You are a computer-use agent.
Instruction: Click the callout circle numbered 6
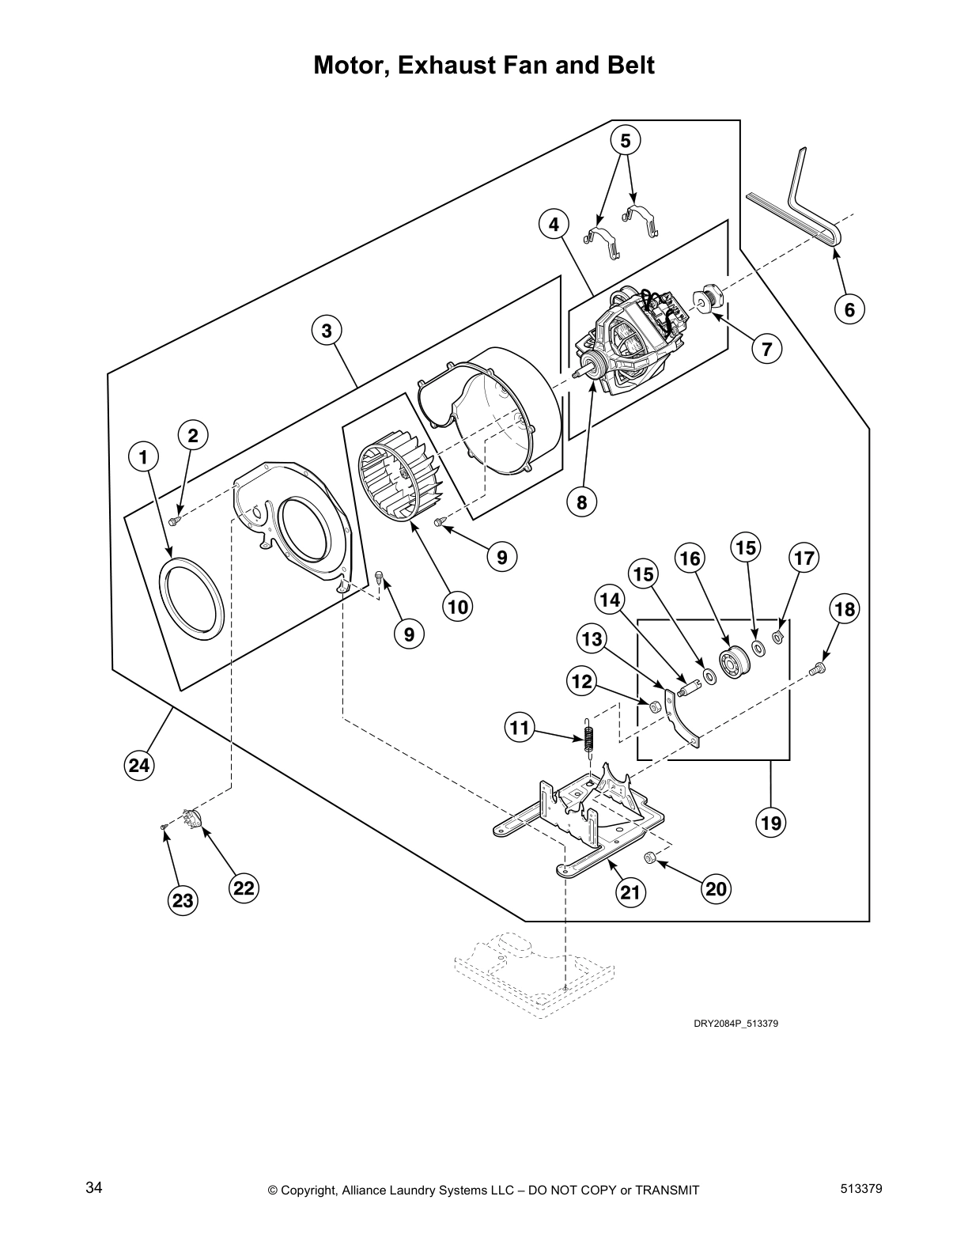[849, 309]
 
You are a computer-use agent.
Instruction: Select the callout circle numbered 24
[138, 765]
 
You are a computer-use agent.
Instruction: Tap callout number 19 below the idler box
[771, 823]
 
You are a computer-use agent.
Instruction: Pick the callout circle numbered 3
[327, 331]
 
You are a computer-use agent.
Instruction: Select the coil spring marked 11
[588, 740]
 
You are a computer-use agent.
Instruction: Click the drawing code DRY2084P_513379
[736, 1024]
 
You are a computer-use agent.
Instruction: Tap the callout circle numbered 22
[244, 888]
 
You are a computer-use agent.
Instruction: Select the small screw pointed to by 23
[164, 826]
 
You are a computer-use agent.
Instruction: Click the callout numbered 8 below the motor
[581, 502]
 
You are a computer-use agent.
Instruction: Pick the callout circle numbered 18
[845, 609]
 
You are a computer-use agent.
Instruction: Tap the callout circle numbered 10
[457, 607]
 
